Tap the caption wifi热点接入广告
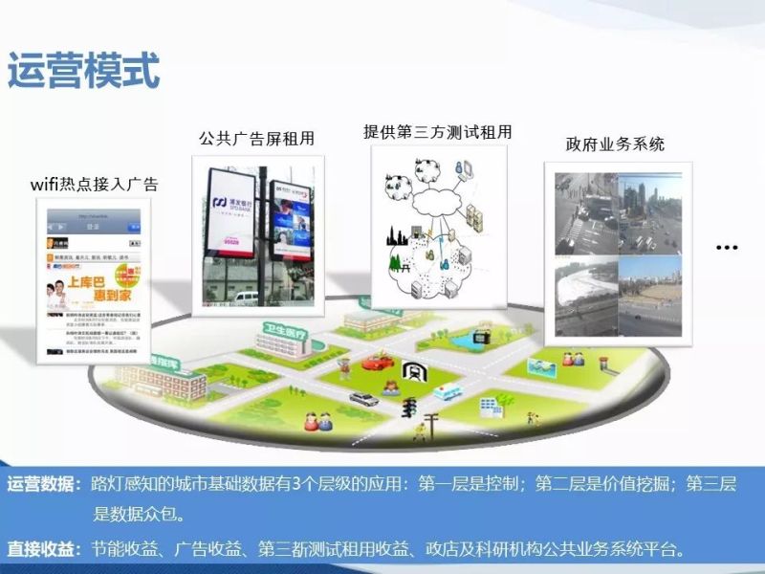[94, 184]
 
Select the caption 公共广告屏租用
[256, 139]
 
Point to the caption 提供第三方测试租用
[437, 132]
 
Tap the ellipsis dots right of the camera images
[727, 247]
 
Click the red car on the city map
[376, 363]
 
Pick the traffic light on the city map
[409, 408]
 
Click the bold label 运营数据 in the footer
[42, 485]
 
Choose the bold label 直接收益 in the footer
[42, 549]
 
